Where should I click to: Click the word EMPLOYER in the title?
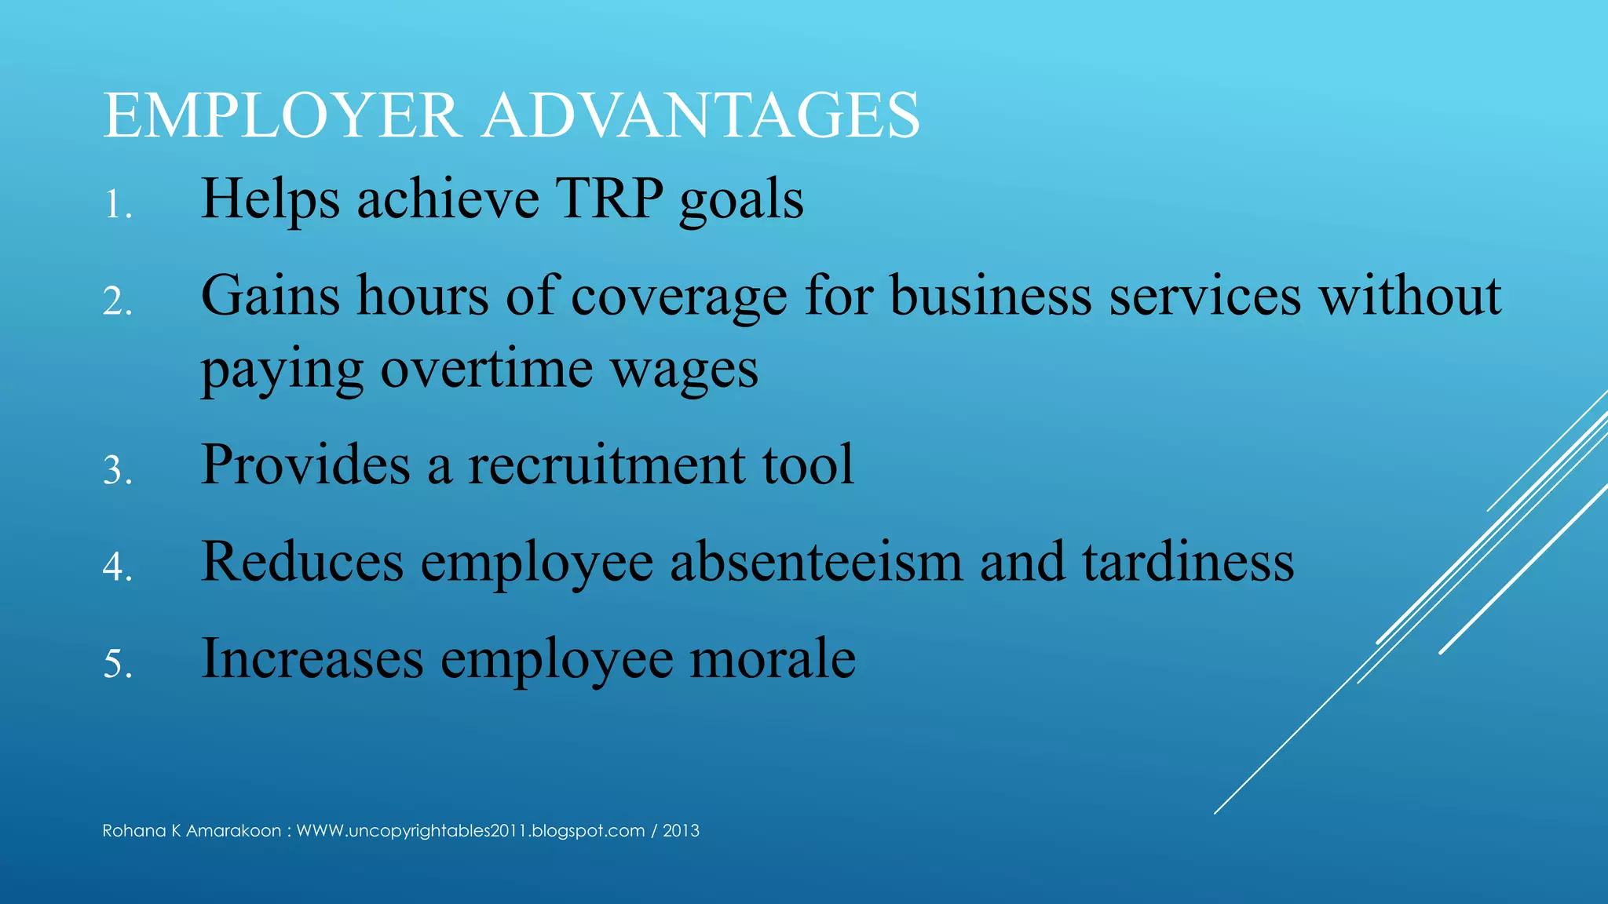[x=281, y=116]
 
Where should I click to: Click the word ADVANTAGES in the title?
[x=700, y=116]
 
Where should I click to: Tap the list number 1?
[x=116, y=206]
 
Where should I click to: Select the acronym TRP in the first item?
[x=609, y=199]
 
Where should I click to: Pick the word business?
[x=990, y=297]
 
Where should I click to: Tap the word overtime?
[x=487, y=369]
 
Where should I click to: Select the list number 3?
[x=116, y=471]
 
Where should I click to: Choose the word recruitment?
[x=606, y=465]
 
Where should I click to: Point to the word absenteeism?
[x=816, y=562]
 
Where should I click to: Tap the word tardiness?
[x=1188, y=562]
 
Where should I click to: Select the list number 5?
[x=116, y=665]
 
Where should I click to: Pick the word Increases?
[x=312, y=658]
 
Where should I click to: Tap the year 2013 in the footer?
[x=681, y=831]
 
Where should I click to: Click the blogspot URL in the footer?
[x=470, y=831]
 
